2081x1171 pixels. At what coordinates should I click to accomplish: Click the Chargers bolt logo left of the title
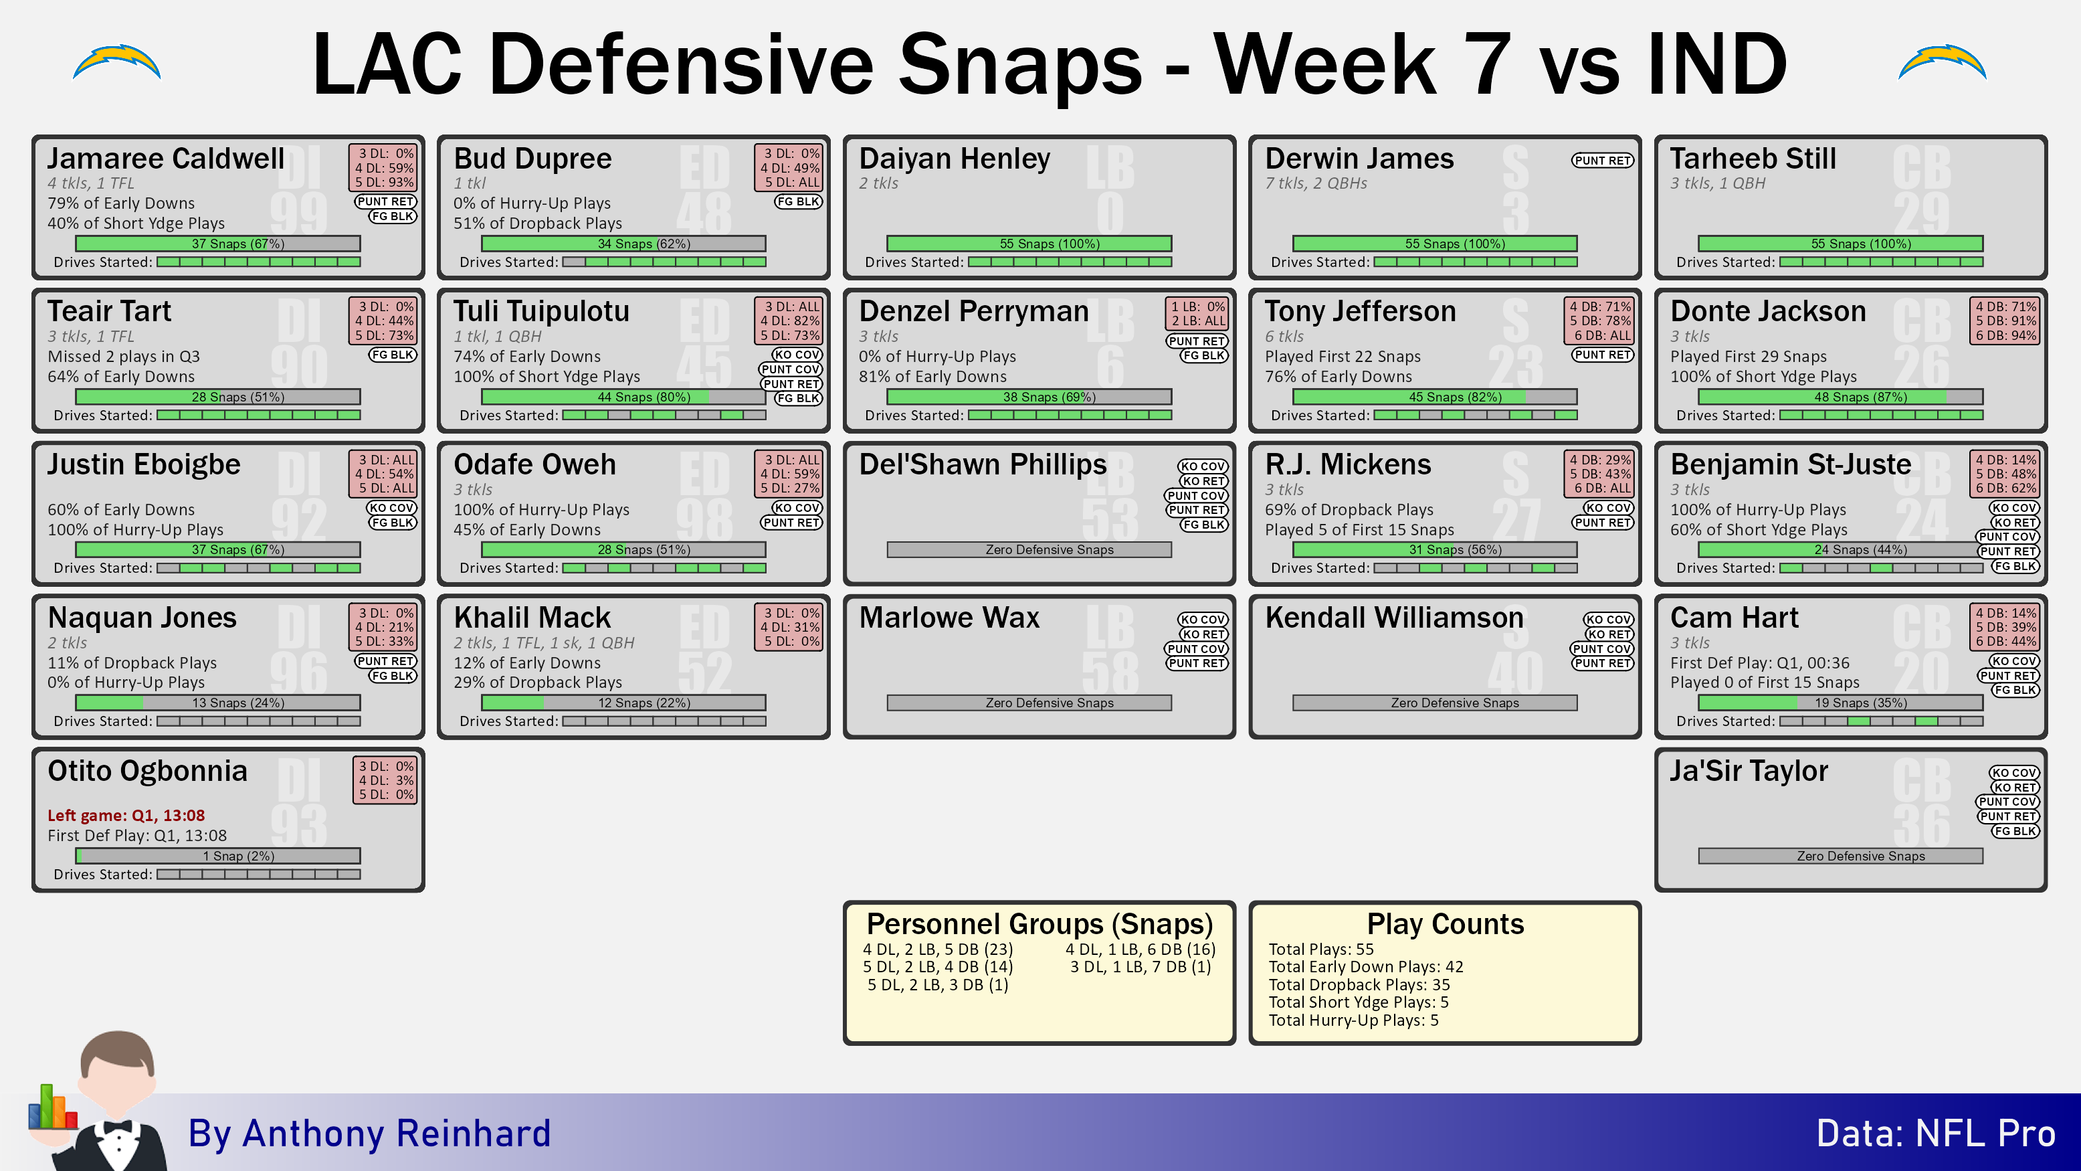click(117, 63)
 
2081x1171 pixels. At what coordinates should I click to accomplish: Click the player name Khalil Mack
click(532, 618)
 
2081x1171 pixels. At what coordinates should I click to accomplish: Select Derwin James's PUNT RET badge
click(1602, 160)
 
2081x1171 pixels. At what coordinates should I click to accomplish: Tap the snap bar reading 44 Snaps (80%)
click(623, 397)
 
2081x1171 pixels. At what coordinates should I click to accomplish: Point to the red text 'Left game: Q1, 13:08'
click(126, 816)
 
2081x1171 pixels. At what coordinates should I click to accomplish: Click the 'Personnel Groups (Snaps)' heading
click(1039, 923)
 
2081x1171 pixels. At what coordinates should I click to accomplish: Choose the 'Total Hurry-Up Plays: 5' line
click(1353, 1020)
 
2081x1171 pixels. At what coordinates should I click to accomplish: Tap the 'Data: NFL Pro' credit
click(1936, 1133)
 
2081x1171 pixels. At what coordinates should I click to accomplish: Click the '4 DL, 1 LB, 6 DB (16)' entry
click(1140, 950)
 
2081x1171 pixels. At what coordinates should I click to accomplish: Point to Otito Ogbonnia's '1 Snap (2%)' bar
click(218, 856)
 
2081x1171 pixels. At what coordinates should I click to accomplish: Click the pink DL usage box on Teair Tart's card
click(384, 321)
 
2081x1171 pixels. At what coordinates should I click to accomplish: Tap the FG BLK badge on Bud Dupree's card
click(798, 201)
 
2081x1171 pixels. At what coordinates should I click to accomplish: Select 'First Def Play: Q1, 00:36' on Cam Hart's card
click(1759, 662)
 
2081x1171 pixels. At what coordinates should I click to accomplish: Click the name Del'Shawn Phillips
click(983, 464)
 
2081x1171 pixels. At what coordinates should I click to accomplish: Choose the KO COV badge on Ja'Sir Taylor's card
click(2014, 774)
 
